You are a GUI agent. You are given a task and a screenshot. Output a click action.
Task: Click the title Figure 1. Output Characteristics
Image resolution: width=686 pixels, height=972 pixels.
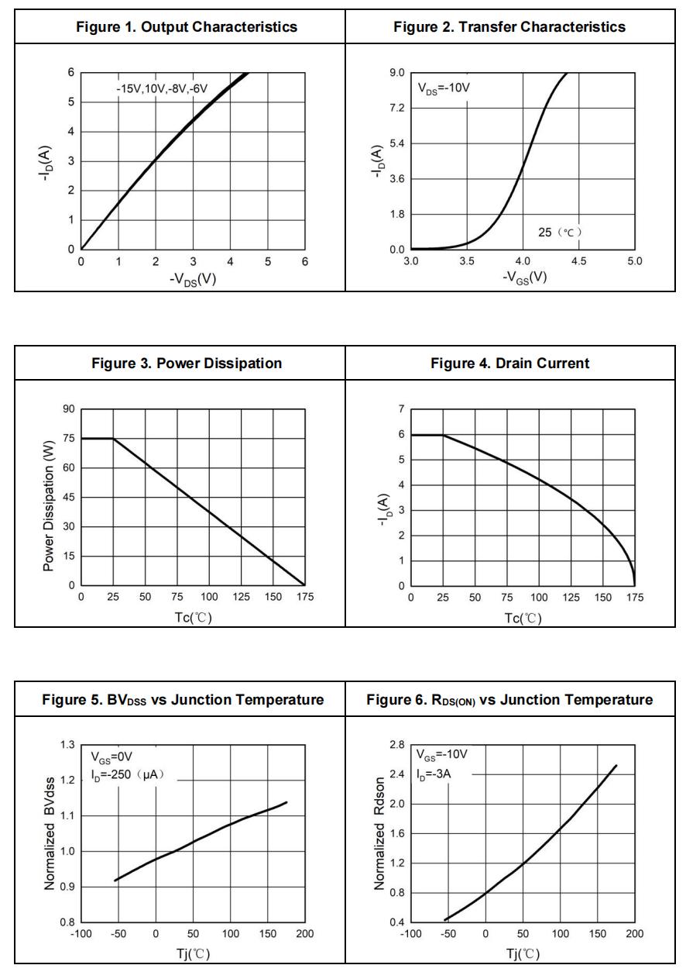pyautogui.click(x=187, y=27)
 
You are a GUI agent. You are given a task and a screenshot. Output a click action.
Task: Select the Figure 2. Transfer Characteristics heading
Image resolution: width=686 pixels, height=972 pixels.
pyautogui.click(x=509, y=27)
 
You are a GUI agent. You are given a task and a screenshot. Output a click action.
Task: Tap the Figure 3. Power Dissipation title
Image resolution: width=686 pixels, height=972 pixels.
pyautogui.click(x=187, y=364)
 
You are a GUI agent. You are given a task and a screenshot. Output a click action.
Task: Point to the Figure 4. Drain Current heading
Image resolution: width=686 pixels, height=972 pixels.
pyautogui.click(x=509, y=364)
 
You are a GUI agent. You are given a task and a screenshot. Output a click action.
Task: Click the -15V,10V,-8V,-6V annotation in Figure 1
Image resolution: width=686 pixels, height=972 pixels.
pyautogui.click(x=162, y=88)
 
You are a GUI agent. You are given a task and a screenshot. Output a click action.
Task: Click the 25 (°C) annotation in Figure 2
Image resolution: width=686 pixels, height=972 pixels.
pyautogui.click(x=560, y=232)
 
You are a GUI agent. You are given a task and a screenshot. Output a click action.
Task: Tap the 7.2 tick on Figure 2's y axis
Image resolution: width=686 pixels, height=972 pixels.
pyautogui.click(x=396, y=109)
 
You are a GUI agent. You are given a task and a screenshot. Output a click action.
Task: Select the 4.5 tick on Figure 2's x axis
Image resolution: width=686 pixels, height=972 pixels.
pyautogui.click(x=578, y=262)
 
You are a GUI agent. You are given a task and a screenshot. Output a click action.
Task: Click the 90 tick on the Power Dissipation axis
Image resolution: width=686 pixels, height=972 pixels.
pyautogui.click(x=69, y=409)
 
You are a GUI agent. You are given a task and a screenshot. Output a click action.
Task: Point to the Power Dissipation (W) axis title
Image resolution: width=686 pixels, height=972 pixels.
pyautogui.click(x=49, y=498)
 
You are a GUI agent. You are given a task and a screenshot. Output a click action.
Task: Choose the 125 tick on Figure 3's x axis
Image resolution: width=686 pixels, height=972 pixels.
pyautogui.click(x=241, y=598)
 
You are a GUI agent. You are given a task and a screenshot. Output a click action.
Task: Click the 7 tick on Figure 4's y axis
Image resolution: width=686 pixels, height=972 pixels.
pyautogui.click(x=401, y=409)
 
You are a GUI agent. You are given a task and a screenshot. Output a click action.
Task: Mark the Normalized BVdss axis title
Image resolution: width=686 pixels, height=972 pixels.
pyautogui.click(x=49, y=834)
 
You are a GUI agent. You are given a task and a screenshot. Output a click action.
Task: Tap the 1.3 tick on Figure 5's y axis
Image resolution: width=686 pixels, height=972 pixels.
pyautogui.click(x=67, y=745)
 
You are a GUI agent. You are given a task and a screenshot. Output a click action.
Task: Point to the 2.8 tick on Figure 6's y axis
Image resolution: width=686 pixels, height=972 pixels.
pyautogui.click(x=396, y=745)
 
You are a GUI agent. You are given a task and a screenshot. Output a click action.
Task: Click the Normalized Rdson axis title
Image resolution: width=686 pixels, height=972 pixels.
pyautogui.click(x=379, y=834)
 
